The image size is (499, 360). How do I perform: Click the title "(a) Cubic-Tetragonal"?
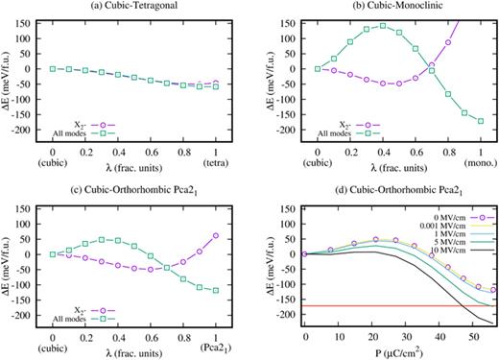[131, 7]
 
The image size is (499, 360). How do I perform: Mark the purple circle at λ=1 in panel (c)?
[217, 235]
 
